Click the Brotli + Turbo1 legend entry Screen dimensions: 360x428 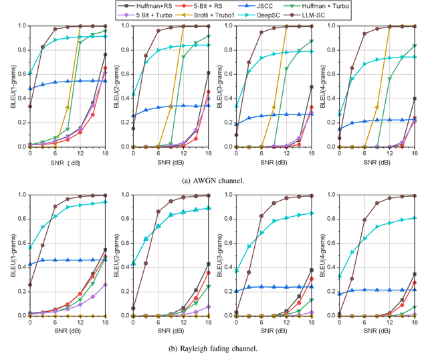[x=211, y=14]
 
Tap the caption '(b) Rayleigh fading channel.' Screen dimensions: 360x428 [x=213, y=347]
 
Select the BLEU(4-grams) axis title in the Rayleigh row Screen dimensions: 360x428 [x=314, y=255]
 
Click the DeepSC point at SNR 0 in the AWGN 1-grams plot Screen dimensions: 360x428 [x=30, y=73]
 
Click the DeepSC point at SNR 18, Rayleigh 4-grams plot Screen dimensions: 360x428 [x=415, y=217]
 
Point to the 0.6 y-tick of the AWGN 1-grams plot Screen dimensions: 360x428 [x=23, y=74]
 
